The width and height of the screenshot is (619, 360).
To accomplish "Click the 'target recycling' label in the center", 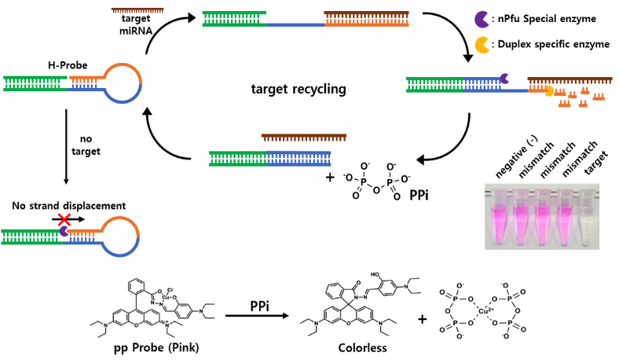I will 299,89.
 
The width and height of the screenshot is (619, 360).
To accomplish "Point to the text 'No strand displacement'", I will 68,206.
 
